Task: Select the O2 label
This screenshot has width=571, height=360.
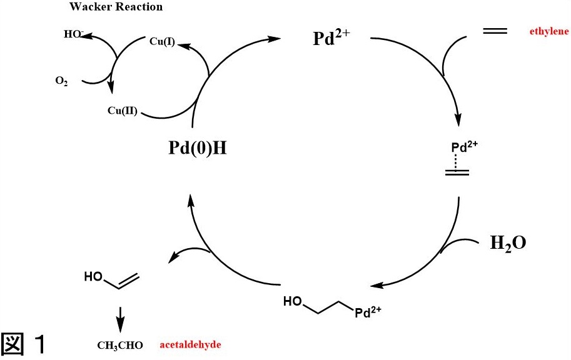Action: tap(61, 81)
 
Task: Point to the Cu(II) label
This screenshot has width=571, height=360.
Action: tap(123, 112)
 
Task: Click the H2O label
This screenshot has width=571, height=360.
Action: tap(508, 243)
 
